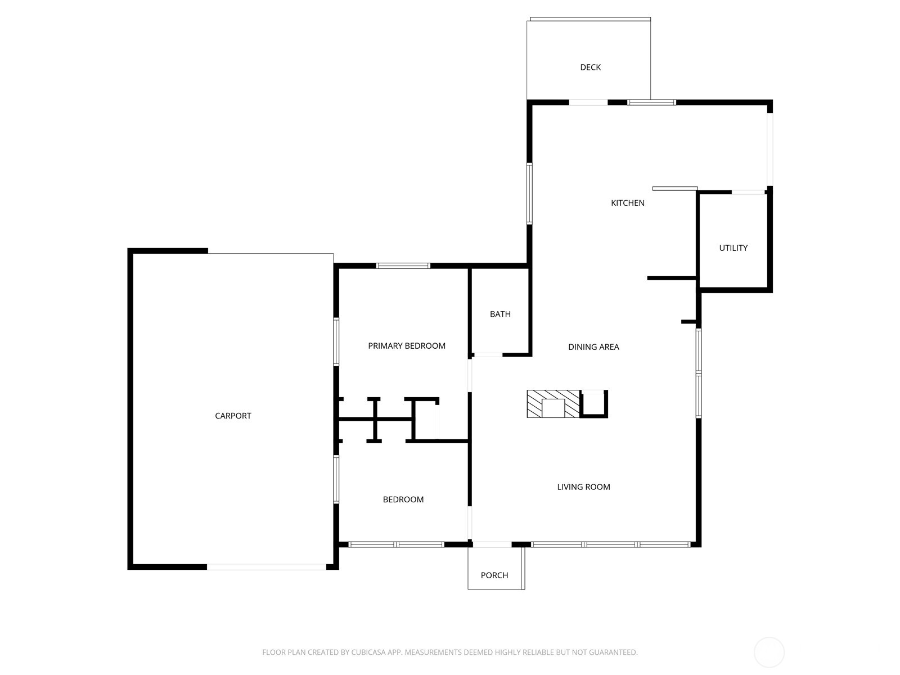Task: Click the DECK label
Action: point(590,67)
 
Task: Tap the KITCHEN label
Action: point(627,203)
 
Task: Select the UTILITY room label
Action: point(733,248)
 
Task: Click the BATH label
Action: point(500,314)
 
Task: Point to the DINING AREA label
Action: point(593,347)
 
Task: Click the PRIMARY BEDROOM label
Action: point(406,346)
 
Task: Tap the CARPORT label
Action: point(233,416)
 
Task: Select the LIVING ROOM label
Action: point(583,487)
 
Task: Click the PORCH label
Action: point(494,575)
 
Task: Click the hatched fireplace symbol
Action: point(552,404)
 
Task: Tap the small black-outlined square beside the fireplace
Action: point(593,404)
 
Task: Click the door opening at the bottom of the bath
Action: point(487,355)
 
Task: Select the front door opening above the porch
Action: point(492,544)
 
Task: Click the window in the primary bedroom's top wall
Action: point(403,265)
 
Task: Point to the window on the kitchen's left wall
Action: point(529,193)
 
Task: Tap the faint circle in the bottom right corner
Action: point(769,652)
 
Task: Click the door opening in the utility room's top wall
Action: point(748,192)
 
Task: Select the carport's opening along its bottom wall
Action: point(266,567)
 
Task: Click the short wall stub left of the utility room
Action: point(672,278)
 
